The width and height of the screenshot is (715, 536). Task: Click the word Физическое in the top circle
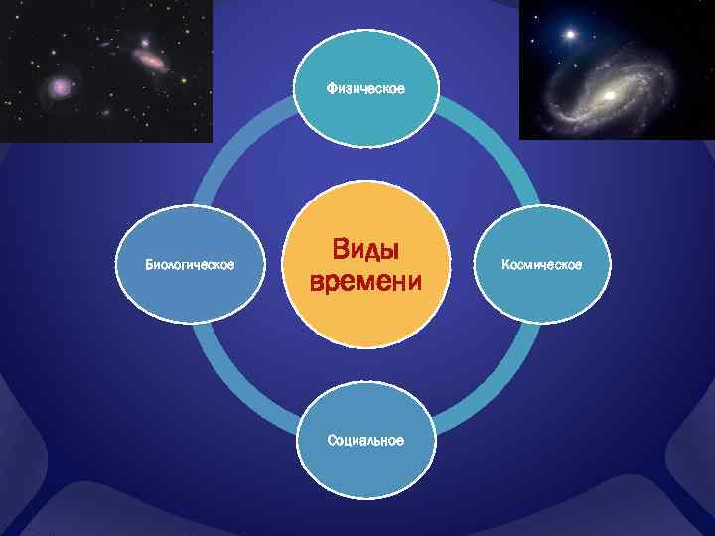coord(365,89)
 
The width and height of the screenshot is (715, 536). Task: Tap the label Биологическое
coord(190,265)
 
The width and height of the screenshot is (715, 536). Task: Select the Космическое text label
coord(541,265)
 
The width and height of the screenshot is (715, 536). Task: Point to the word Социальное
coord(365,440)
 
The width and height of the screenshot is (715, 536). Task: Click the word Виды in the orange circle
coord(365,248)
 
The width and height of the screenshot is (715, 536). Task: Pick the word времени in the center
coord(365,283)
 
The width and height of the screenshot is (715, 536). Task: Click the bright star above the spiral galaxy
coord(570,35)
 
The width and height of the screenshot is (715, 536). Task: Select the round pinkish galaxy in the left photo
coord(62,88)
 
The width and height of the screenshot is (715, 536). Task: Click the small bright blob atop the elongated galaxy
coord(145,44)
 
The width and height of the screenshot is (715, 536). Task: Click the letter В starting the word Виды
coord(339,248)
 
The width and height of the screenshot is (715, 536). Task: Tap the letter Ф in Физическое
coord(332,89)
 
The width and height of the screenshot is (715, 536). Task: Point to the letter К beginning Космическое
coord(505,265)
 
